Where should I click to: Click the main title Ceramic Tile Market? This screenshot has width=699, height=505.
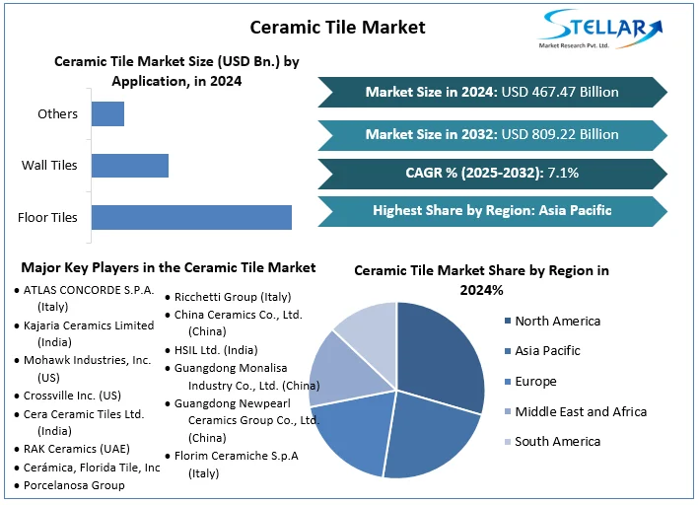click(x=337, y=27)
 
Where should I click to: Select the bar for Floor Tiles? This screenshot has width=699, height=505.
click(x=191, y=217)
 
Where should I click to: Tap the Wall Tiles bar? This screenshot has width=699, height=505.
click(x=130, y=165)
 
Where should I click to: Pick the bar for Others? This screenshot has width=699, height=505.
click(x=107, y=113)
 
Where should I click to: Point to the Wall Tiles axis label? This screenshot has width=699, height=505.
click(x=49, y=165)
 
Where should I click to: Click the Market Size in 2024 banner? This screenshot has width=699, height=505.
click(x=492, y=92)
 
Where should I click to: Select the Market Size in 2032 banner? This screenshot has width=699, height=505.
click(x=492, y=134)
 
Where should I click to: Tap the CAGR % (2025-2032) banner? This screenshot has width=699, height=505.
click(x=492, y=173)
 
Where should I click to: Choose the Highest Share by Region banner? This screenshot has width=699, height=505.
click(x=492, y=210)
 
